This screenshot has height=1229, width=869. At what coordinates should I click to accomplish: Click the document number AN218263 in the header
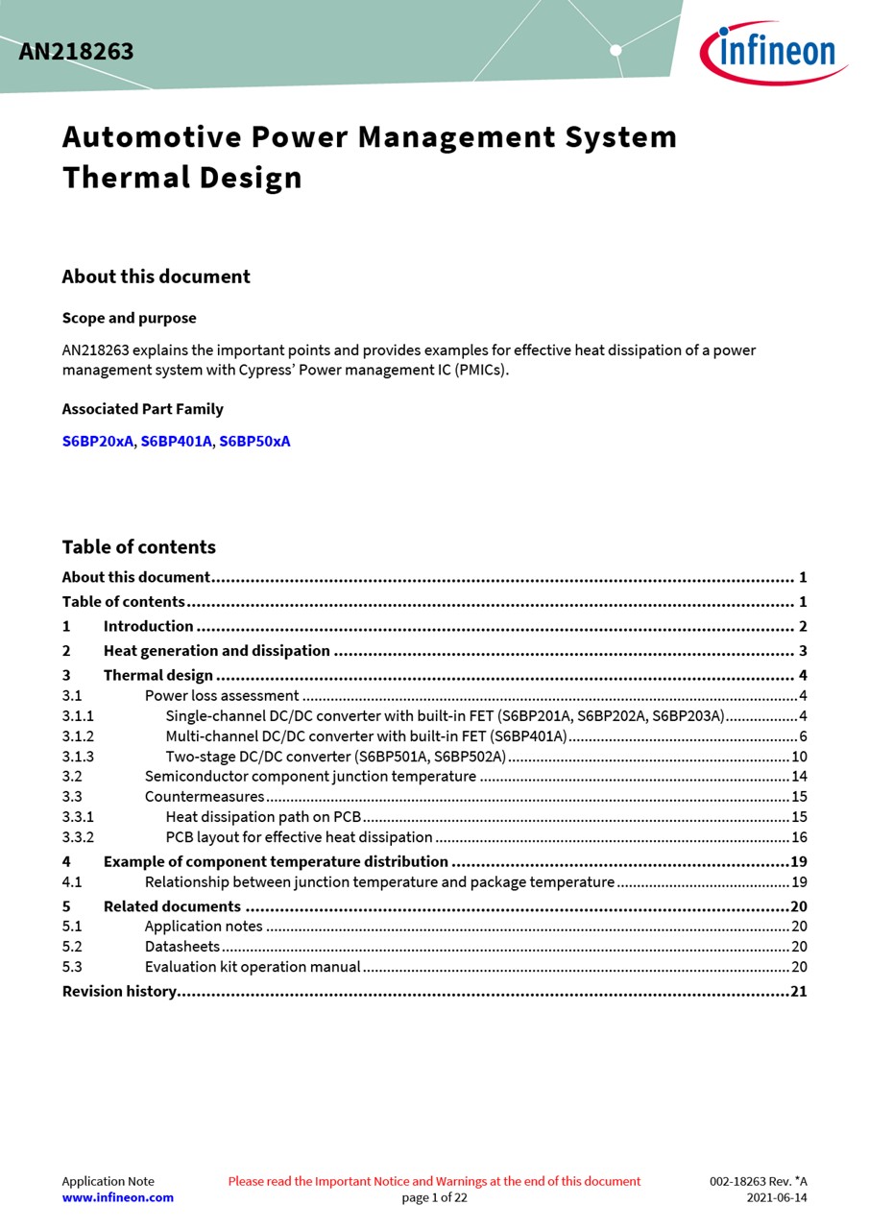pos(76,52)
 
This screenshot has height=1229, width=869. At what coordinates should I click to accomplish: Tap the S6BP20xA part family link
pos(98,442)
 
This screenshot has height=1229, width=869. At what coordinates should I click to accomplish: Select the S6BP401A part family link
pos(176,442)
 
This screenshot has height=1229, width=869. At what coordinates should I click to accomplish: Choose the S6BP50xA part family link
pos(254,442)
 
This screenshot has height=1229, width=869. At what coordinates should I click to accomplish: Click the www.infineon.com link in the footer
pos(117,1197)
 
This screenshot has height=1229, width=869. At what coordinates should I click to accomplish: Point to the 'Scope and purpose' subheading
pos(129,318)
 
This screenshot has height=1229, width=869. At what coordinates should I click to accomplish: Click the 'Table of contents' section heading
pos(138,547)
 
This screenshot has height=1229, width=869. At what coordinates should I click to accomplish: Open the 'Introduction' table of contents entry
pos(148,626)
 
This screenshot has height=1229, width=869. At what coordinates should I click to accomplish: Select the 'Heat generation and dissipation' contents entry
pos(216,651)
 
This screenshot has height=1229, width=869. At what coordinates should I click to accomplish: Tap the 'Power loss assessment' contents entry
pos(222,696)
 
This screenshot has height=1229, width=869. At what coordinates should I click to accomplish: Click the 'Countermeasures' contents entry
pos(205,797)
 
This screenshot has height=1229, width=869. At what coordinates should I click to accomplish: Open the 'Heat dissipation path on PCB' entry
pos(263,817)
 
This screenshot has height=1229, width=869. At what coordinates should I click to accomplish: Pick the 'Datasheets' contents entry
pos(182,947)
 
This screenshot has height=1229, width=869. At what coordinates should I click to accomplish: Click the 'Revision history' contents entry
pos(119,991)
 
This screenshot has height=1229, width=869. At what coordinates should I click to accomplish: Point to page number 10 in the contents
pos(799,757)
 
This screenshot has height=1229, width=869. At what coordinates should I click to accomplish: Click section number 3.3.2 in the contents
pos(78,837)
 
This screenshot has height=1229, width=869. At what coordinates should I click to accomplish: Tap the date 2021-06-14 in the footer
pos(777,1197)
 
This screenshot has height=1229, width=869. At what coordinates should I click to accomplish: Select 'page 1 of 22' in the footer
pos(434,1197)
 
